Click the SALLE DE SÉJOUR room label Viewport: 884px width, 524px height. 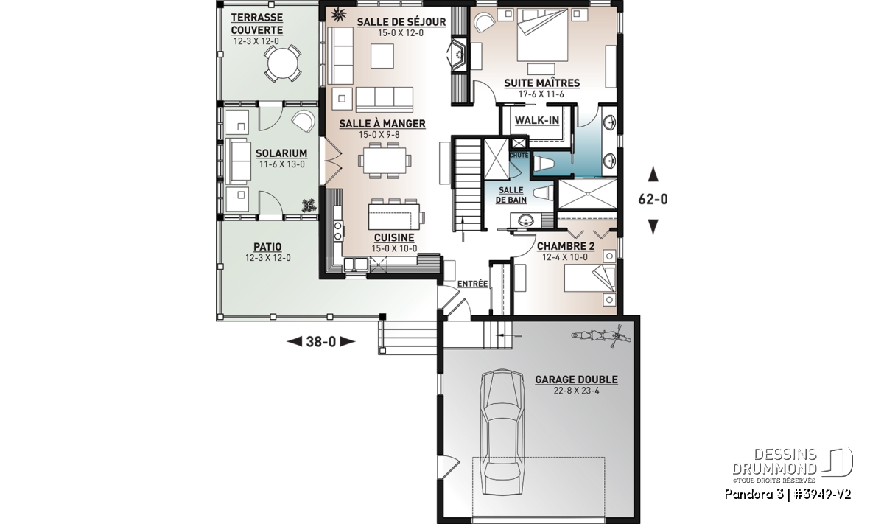tap(401, 22)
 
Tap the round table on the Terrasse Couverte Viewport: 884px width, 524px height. tap(283, 63)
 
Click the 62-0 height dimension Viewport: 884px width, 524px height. tap(653, 200)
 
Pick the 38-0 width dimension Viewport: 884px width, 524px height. tap(321, 341)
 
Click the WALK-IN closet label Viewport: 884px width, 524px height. tap(537, 120)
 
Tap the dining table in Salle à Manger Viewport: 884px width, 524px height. tap(385, 161)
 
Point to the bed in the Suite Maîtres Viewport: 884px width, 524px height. tap(543, 36)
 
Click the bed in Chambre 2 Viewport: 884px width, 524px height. tap(589, 278)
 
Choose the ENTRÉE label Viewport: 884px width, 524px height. tap(472, 284)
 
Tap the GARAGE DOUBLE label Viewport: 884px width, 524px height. tap(576, 380)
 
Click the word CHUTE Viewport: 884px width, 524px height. tap(519, 156)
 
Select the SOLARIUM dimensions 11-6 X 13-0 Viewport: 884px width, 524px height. tap(281, 164)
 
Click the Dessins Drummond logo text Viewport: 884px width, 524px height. tap(774, 461)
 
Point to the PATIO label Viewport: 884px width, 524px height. tap(267, 247)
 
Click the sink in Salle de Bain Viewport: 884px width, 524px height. tap(526, 220)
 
